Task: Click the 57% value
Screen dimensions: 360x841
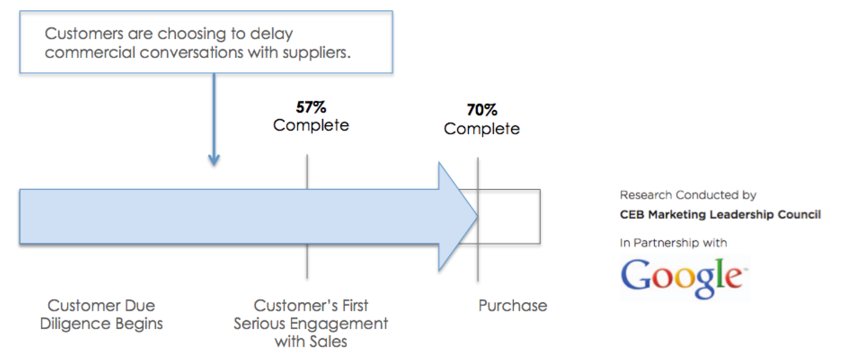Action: [x=311, y=107]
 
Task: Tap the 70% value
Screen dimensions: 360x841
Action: [x=482, y=110]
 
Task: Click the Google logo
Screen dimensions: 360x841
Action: [x=683, y=277]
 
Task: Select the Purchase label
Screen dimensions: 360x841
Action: [x=513, y=306]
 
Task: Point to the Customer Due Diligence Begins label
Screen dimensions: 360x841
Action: [x=101, y=314]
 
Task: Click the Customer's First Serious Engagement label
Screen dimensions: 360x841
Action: [x=311, y=323]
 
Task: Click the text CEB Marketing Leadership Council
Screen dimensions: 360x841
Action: [x=720, y=214]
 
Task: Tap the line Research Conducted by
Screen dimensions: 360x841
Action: [x=688, y=195]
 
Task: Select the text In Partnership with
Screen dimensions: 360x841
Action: [x=673, y=243]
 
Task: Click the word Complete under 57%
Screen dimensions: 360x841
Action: [x=311, y=125]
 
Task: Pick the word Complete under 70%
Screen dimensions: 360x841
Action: [x=482, y=129]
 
